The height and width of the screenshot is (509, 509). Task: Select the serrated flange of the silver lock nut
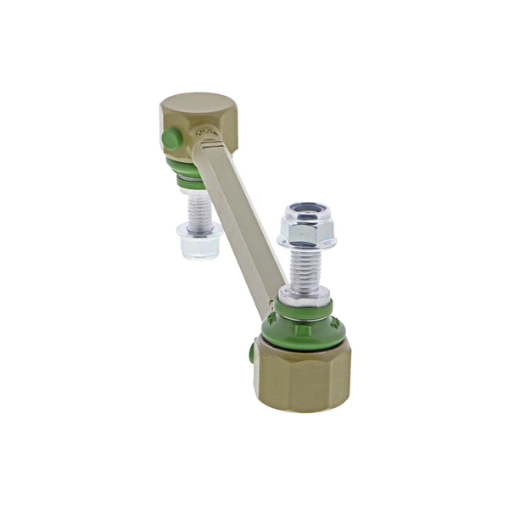[x=306, y=243]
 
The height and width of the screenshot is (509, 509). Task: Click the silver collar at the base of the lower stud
[x=305, y=296]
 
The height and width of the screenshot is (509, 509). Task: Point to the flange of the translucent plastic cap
[x=199, y=230]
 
